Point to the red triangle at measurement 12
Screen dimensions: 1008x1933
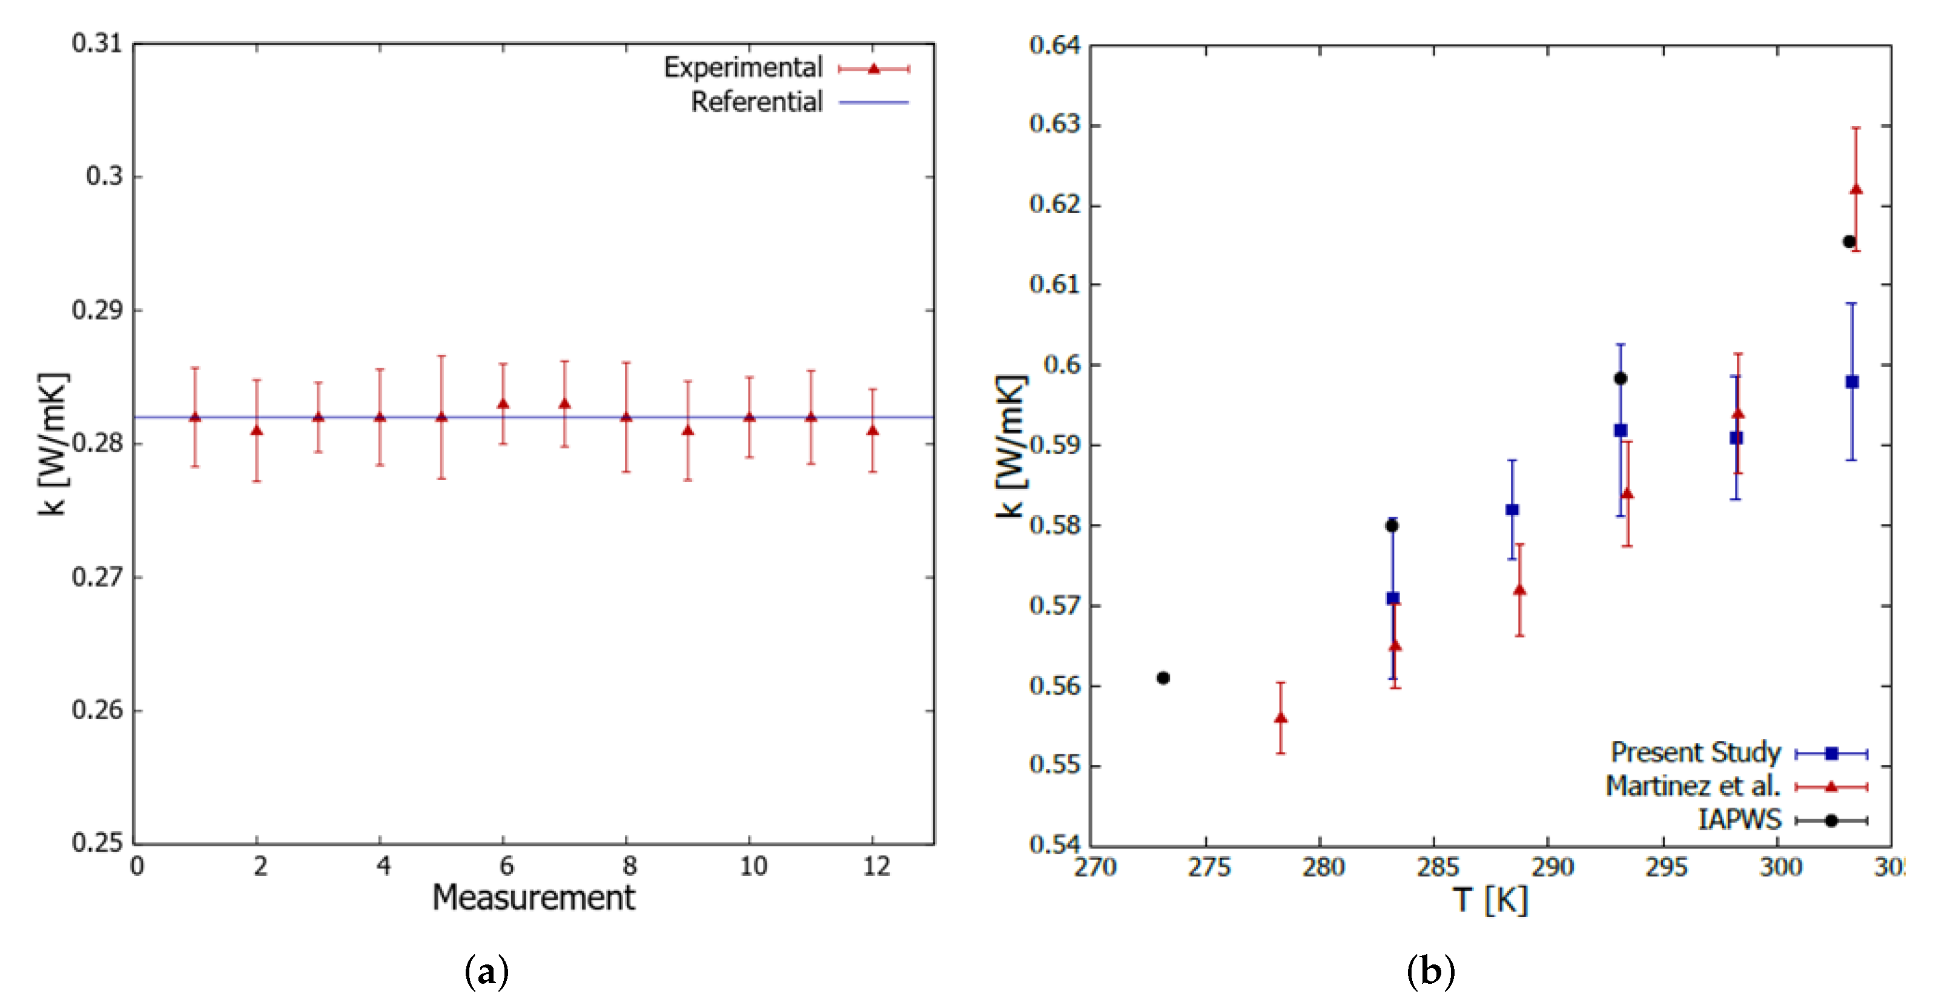pos(872,430)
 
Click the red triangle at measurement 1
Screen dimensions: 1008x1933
pos(195,417)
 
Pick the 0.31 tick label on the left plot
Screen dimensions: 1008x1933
pos(97,44)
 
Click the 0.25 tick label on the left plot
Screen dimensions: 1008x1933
pos(97,842)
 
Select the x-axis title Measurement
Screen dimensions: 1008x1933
pos(534,898)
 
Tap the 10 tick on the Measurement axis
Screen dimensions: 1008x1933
pos(753,867)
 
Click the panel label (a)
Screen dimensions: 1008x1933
pos(486,972)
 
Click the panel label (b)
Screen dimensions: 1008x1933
pos(1430,972)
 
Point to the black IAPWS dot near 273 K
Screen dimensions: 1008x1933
pos(1163,678)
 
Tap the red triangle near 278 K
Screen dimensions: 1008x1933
pos(1281,718)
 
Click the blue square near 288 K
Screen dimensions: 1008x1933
pos(1512,510)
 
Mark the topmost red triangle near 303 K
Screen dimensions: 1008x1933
pos(1855,189)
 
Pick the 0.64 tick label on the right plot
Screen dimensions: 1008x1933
pos(1054,45)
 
